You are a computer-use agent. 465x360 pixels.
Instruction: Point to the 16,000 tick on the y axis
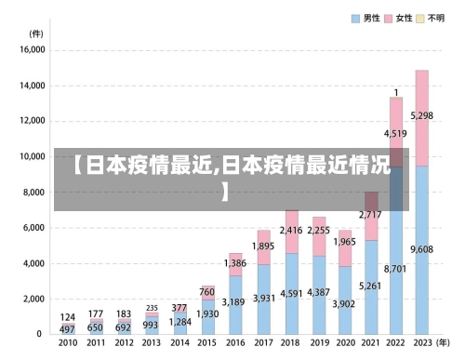click(32, 51)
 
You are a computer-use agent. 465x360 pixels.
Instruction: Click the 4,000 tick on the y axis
click(33, 263)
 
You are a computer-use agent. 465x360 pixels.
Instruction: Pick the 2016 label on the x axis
click(235, 343)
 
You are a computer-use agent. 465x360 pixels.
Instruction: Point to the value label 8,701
click(395, 269)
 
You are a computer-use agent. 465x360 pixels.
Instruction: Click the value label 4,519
click(395, 134)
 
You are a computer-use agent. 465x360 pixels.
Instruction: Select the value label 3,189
click(235, 301)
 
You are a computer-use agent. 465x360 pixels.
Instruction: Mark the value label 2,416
click(292, 230)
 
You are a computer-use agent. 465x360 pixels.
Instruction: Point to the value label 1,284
click(179, 322)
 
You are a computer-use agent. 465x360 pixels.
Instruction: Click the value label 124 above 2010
click(68, 317)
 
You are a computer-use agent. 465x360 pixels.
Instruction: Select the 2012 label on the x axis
click(124, 343)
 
